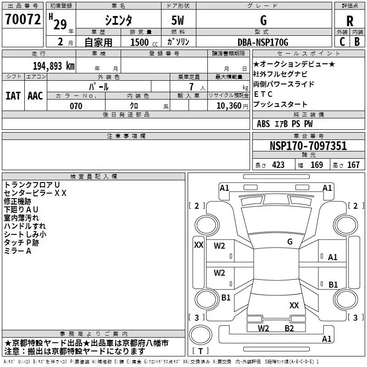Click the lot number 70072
(x=22, y=20)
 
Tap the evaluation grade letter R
(x=350, y=21)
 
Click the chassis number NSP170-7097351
(x=308, y=146)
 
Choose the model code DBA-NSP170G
(x=263, y=42)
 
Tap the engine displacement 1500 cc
(x=139, y=42)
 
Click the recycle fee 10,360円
(x=228, y=106)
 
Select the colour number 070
(x=76, y=106)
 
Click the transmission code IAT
(x=13, y=95)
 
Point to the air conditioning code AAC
(x=35, y=95)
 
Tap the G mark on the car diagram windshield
(x=289, y=241)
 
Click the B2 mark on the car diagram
(x=289, y=328)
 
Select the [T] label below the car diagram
(x=200, y=351)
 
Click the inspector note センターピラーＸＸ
(x=35, y=193)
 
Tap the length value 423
(x=278, y=165)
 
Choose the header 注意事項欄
(x=126, y=136)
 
